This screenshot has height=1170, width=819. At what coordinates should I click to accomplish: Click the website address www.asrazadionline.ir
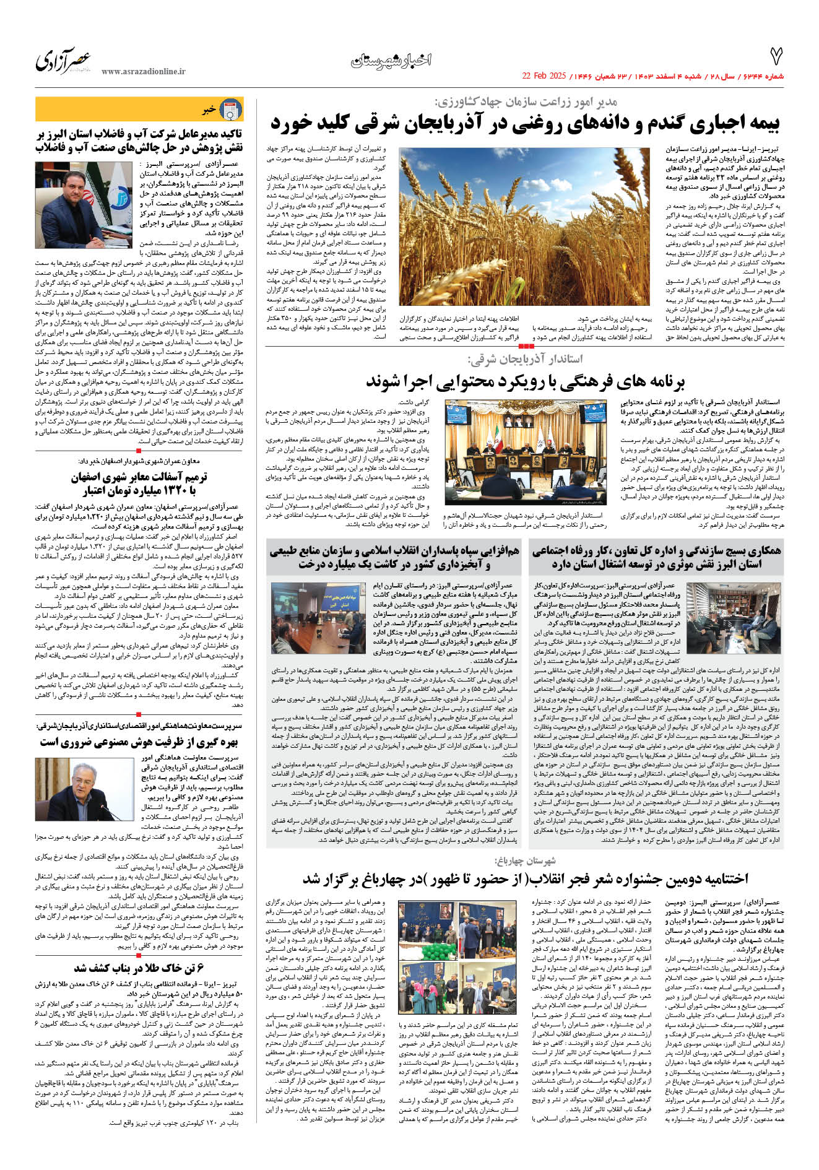[x=143, y=72]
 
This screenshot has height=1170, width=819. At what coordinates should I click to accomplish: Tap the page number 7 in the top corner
[x=776, y=57]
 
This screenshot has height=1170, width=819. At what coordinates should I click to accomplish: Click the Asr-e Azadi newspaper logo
[x=63, y=61]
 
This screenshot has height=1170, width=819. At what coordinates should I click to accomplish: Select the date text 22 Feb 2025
[x=544, y=76]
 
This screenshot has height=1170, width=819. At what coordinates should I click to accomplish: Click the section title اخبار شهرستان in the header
[x=391, y=60]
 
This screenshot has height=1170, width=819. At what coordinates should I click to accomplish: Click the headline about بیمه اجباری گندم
[x=525, y=124]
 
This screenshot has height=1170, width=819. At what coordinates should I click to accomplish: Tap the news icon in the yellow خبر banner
[x=232, y=110]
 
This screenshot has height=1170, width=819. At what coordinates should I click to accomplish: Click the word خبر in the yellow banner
[x=209, y=110]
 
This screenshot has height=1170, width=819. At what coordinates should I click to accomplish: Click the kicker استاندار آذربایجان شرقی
[x=525, y=359]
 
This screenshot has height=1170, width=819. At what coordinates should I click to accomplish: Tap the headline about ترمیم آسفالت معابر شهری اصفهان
[x=139, y=483]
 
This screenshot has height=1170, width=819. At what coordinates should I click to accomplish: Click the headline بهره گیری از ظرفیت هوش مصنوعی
[x=139, y=742]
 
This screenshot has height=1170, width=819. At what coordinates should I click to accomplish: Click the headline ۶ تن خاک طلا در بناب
[x=139, y=968]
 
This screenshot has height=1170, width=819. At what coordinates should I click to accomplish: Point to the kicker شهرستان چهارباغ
[x=525, y=860]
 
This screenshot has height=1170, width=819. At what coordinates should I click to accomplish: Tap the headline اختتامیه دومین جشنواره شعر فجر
[x=525, y=879]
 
